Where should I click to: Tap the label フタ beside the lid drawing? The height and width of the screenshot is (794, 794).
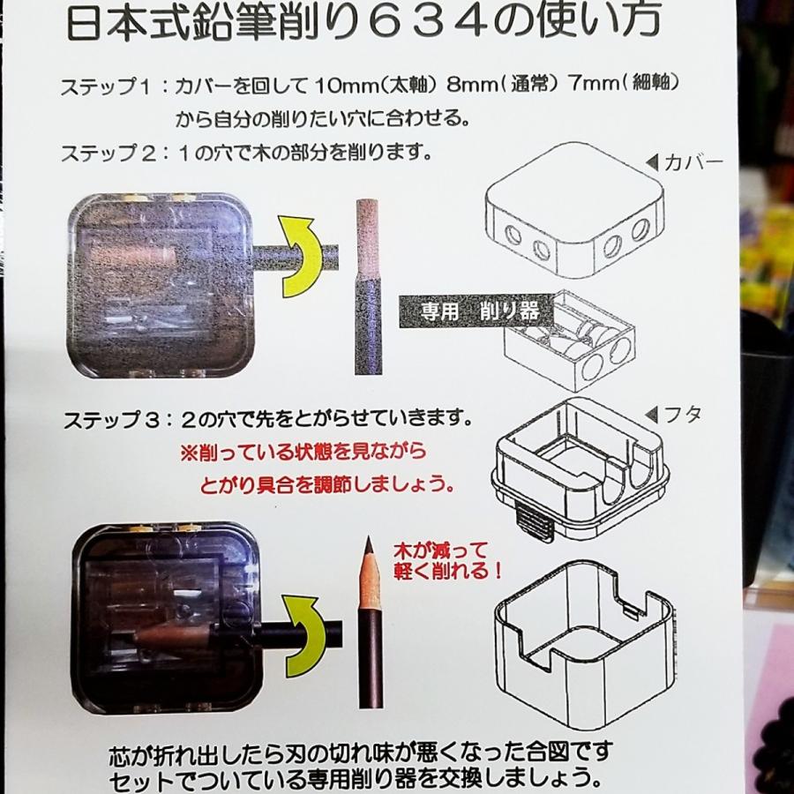[678, 413]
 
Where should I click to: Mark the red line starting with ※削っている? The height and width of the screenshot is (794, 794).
[303, 453]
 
